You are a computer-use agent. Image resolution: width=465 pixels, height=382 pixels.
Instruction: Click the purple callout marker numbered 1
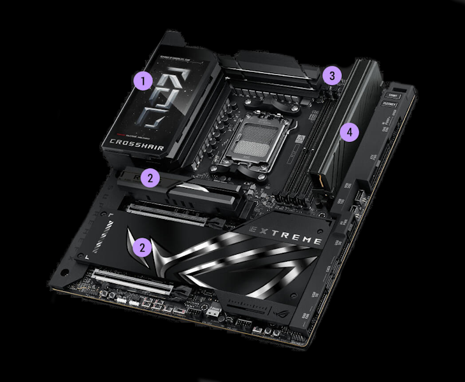click(143, 81)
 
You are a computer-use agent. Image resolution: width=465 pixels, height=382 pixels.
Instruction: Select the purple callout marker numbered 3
click(330, 76)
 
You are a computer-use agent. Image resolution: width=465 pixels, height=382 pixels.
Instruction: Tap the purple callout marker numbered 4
click(347, 132)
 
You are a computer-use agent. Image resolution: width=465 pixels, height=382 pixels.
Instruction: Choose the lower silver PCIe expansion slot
click(134, 281)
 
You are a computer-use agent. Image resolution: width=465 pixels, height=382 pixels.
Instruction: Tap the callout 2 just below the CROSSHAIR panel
click(150, 178)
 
